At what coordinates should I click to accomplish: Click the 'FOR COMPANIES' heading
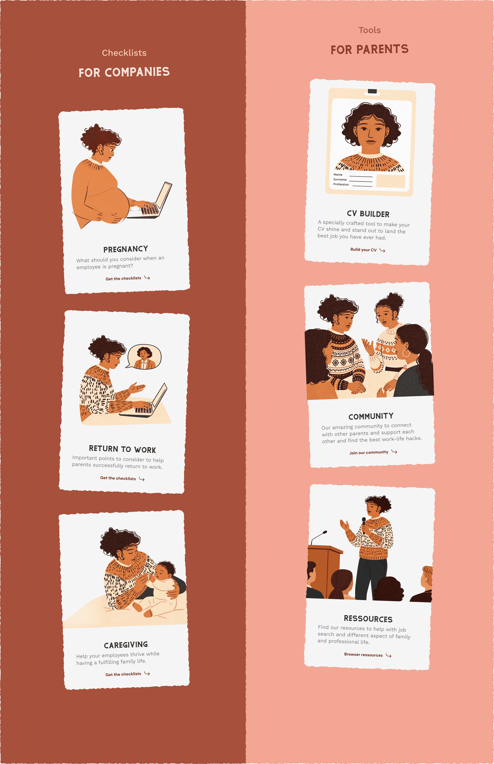124,72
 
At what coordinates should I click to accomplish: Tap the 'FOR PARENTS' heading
370,49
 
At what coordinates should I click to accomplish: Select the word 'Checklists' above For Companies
124,53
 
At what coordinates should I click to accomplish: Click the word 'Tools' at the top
370,30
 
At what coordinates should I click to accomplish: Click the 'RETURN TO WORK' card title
123,449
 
